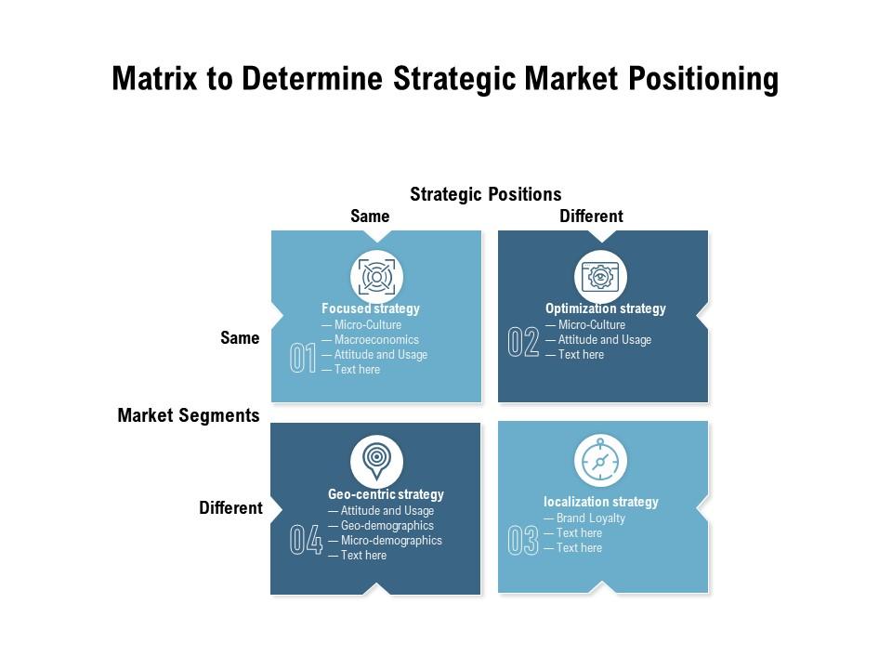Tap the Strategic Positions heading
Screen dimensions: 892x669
486,194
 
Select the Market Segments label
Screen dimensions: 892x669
189,415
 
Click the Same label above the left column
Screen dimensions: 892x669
370,216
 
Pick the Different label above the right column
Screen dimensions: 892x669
592,216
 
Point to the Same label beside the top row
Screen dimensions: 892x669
240,338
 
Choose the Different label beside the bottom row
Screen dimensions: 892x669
231,507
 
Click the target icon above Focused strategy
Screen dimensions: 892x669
376,277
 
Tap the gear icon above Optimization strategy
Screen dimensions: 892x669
600,277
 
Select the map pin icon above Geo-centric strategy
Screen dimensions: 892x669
376,459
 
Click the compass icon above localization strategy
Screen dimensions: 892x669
600,460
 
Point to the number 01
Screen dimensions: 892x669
303,358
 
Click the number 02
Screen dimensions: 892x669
523,342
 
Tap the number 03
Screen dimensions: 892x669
523,540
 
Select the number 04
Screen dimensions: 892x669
306,539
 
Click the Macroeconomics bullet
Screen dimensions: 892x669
371,340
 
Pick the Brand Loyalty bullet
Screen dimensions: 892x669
584,518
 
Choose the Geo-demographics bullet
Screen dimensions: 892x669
381,526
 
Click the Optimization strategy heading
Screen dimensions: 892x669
605,308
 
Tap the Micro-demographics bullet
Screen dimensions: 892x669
385,541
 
